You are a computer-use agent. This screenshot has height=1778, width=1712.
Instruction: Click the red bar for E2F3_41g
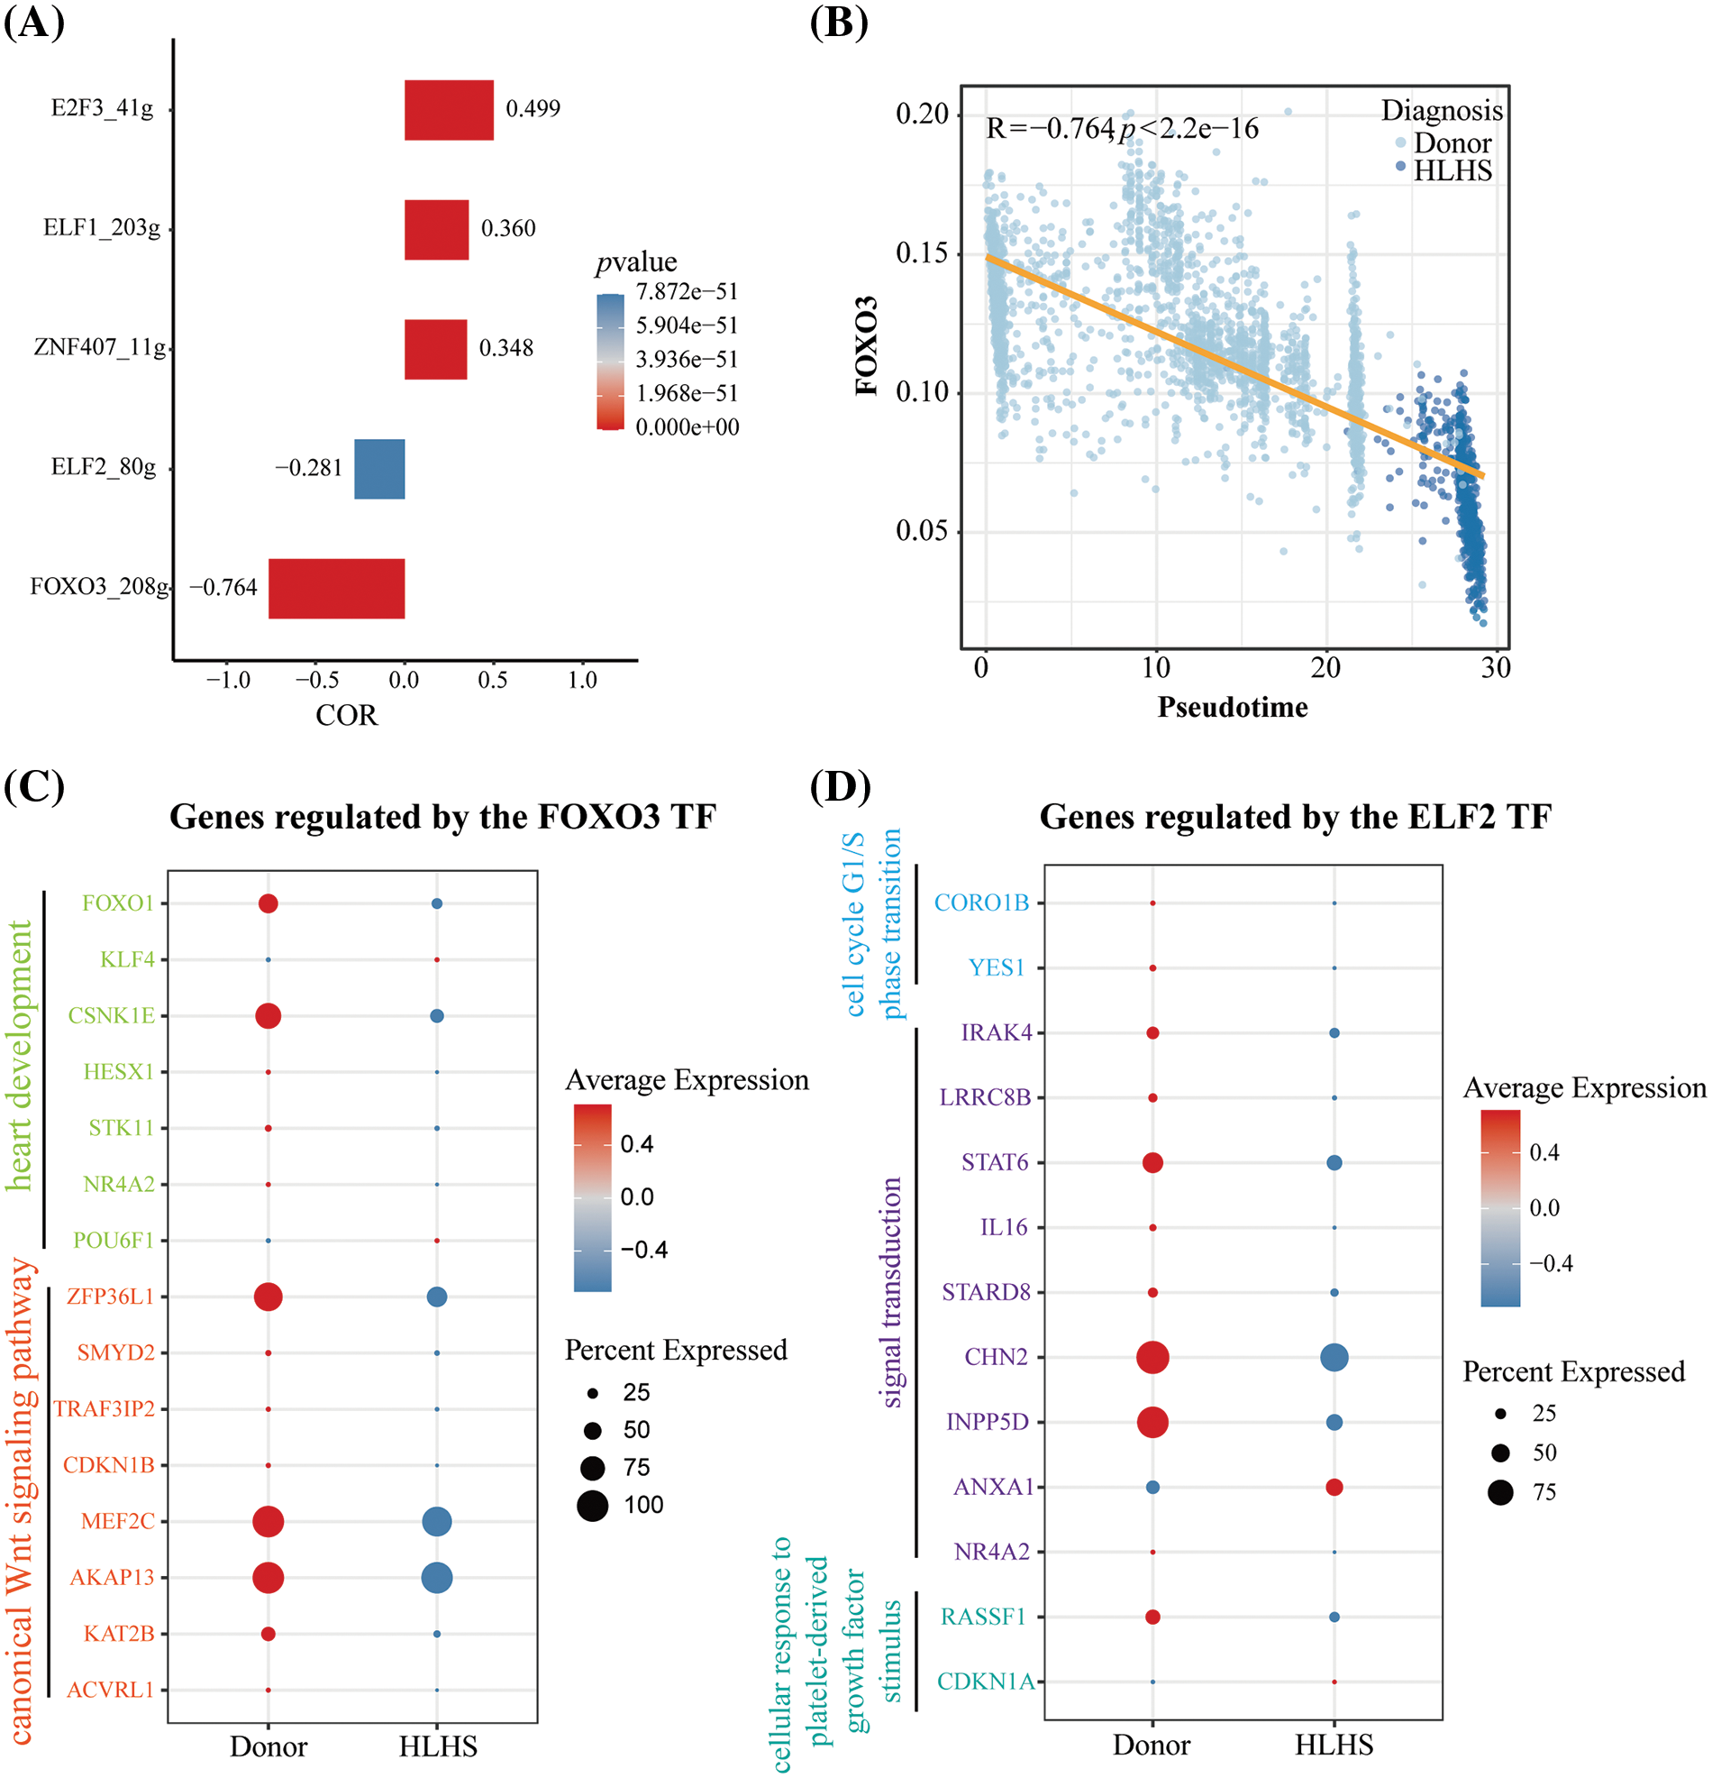[449, 110]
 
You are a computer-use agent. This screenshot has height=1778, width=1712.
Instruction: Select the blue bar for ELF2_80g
[379, 468]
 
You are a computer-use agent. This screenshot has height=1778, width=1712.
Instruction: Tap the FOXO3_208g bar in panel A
[336, 588]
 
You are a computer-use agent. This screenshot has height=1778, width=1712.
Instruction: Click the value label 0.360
[508, 228]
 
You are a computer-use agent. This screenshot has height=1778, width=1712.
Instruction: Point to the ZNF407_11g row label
[100, 347]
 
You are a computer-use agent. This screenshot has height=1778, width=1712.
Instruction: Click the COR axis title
[346, 716]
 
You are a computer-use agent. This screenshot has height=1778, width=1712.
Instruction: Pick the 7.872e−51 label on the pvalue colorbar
[687, 291]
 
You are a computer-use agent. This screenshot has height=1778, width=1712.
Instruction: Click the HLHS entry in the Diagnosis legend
[1452, 170]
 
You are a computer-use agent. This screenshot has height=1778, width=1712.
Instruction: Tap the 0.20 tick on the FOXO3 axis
[921, 115]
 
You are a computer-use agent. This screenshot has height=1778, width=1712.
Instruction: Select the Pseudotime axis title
[1233, 707]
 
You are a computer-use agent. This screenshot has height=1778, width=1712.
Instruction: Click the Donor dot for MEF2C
[268, 1521]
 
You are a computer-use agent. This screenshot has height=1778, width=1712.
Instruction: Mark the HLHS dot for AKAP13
[437, 1578]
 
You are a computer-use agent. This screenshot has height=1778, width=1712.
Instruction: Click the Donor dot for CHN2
[1152, 1357]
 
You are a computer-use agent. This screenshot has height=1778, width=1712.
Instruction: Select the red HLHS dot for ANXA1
[1334, 1487]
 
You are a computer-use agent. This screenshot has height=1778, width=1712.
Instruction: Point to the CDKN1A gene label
[985, 1681]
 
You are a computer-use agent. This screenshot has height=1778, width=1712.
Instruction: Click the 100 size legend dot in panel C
[592, 1506]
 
